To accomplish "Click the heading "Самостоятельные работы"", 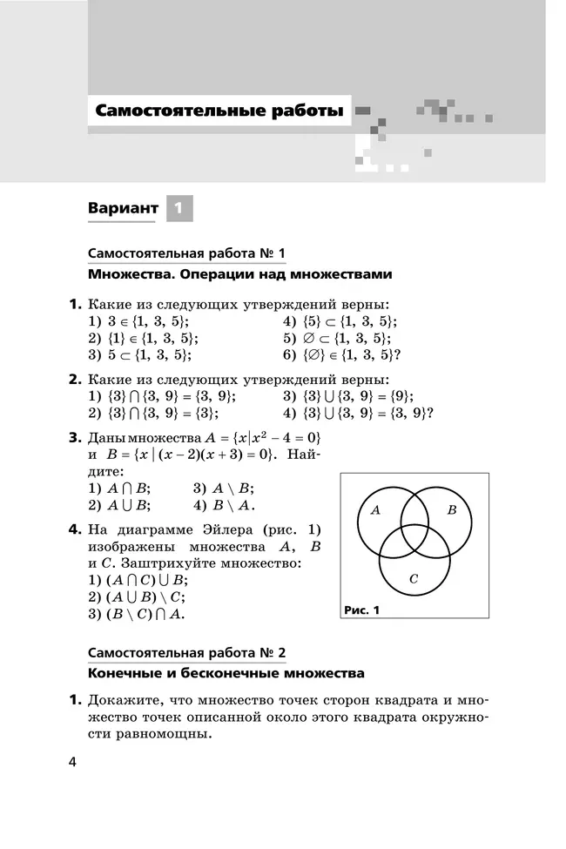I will tap(219, 111).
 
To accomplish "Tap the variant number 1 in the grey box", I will tap(179, 209).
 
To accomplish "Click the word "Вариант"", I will tap(124, 209).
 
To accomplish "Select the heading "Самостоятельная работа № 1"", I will tap(186, 253).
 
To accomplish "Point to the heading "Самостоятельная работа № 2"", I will tap(186, 653).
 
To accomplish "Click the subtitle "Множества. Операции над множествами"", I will tap(240, 274).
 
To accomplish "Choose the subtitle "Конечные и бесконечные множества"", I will tap(226, 674).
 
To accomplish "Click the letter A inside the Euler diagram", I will tap(375, 510).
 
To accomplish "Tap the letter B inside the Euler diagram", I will tap(451, 510).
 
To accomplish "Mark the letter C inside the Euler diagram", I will tap(414, 577).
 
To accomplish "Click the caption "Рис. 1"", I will tap(362, 610).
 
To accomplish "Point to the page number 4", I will tap(73, 763).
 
